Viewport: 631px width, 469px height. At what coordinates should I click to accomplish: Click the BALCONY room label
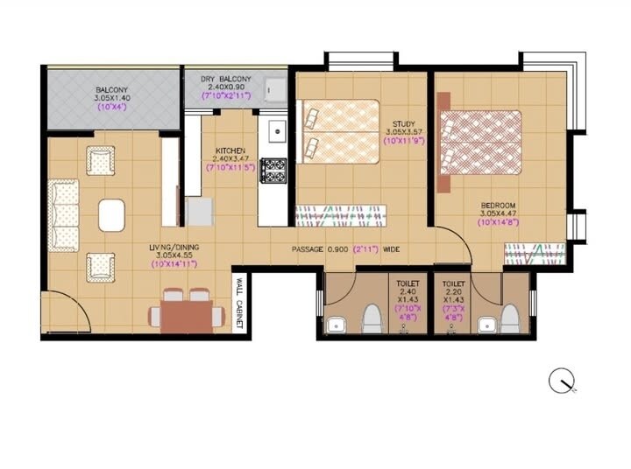click(111, 89)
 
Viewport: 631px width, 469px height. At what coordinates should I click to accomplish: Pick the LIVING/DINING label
click(174, 248)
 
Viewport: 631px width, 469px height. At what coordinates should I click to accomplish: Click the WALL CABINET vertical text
click(238, 303)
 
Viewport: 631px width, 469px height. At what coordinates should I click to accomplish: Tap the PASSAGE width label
click(346, 249)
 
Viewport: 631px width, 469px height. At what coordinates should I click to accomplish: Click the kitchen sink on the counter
click(275, 132)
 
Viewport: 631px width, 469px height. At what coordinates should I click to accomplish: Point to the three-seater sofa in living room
click(62, 215)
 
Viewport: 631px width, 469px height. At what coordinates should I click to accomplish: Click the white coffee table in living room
click(111, 214)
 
